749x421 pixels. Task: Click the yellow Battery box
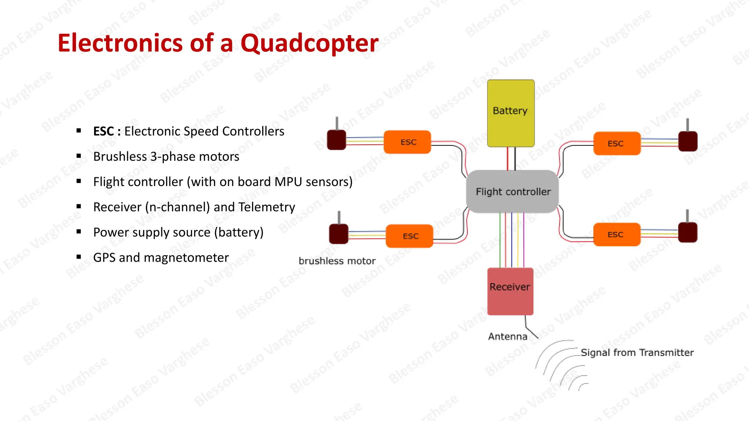pos(511,113)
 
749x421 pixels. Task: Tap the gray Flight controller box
pos(512,191)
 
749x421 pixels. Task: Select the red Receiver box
pos(510,291)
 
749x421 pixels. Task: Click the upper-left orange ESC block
pos(407,142)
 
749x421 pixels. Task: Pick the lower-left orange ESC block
pos(410,236)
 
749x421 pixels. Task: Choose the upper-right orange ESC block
pos(617,144)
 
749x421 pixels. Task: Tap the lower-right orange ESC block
pos(617,234)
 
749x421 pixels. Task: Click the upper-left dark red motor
pos(336,140)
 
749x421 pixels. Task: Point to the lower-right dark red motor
pos(688,232)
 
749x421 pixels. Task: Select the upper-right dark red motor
pos(688,141)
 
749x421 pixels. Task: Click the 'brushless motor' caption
pos(337,261)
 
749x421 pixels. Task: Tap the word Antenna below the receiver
pos(508,337)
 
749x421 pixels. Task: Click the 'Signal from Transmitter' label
pos(637,353)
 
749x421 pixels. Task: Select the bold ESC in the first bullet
pos(103,131)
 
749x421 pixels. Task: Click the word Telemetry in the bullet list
pos(267,207)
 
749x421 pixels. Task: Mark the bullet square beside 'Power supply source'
pos(79,232)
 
